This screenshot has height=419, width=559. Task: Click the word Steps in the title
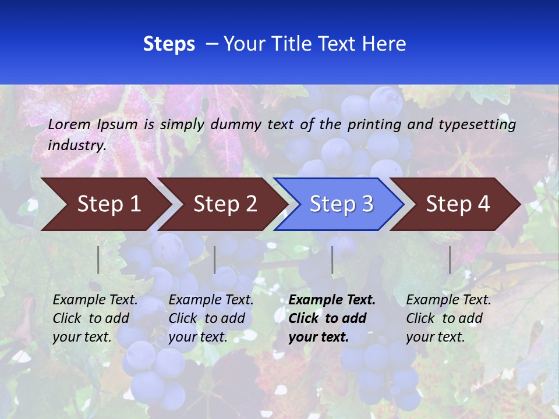point(169,44)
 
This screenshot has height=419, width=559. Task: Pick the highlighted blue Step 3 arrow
point(341,204)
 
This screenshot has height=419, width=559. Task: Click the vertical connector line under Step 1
point(98,260)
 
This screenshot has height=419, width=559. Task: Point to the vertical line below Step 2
point(215,260)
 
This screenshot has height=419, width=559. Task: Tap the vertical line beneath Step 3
point(332,260)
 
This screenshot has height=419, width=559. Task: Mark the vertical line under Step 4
point(450,260)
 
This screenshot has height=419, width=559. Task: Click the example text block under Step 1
point(95,318)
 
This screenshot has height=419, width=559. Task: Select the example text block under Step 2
point(211,318)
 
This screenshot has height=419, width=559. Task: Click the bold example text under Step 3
point(332,318)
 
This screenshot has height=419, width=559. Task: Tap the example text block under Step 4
point(448,318)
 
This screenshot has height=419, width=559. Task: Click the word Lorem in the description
point(69,124)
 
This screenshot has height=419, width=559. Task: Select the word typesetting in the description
point(477,124)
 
